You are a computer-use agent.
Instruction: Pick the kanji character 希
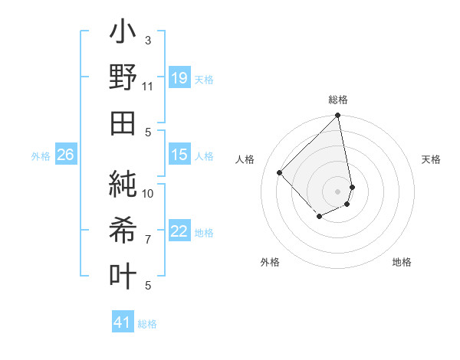[x=123, y=230]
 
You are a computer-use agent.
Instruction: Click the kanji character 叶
[x=123, y=273]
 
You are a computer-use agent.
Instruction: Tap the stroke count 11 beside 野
[x=148, y=87]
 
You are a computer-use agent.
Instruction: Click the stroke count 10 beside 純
[x=148, y=193]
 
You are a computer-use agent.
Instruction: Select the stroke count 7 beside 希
[x=148, y=240]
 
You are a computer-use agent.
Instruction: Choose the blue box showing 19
[x=179, y=78]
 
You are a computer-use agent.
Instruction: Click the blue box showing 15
[x=179, y=155]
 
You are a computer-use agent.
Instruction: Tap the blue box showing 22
[x=179, y=232]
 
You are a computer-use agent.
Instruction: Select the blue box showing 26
[x=65, y=155]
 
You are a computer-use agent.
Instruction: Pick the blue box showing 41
[x=122, y=322]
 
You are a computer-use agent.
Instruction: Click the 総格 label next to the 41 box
[x=147, y=324]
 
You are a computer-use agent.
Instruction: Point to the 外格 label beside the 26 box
[x=41, y=156]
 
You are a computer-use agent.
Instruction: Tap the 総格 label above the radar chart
[x=338, y=100]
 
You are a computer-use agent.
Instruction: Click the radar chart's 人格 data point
[x=280, y=172]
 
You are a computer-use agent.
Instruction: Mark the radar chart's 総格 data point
[x=337, y=116]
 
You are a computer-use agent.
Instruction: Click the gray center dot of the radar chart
[x=337, y=191]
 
